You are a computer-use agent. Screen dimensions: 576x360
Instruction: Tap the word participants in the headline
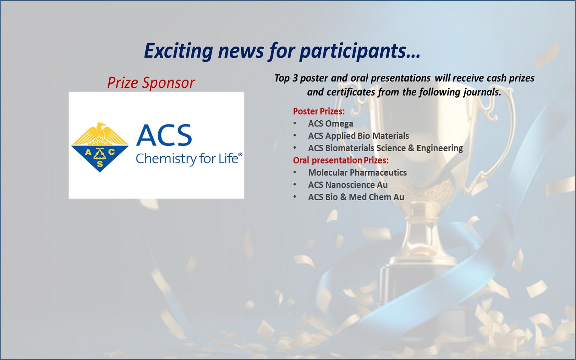pyautogui.click(x=360, y=51)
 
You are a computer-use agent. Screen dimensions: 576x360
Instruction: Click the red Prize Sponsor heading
pyautogui.click(x=151, y=83)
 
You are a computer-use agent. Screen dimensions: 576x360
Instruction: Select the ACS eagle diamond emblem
pyautogui.click(x=100, y=147)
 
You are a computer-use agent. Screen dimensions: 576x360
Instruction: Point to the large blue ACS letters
pyautogui.click(x=164, y=135)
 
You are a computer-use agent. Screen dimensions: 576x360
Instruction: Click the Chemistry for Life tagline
pyautogui.click(x=187, y=159)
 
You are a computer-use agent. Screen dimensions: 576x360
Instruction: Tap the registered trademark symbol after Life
pyautogui.click(x=241, y=154)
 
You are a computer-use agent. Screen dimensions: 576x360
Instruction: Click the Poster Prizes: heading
pyautogui.click(x=319, y=111)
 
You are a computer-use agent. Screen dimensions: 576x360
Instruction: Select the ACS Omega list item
pyautogui.click(x=331, y=124)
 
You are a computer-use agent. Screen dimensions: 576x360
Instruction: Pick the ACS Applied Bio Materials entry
pyautogui.click(x=358, y=136)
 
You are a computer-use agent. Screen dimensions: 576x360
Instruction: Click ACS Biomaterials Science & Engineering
pyautogui.click(x=385, y=148)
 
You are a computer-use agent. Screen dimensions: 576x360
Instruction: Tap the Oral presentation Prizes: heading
pyautogui.click(x=341, y=160)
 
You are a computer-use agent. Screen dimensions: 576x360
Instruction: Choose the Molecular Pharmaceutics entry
pyautogui.click(x=357, y=173)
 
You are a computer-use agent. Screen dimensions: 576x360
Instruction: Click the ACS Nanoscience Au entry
pyautogui.click(x=348, y=185)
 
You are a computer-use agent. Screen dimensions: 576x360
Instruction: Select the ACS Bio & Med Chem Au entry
pyautogui.click(x=356, y=197)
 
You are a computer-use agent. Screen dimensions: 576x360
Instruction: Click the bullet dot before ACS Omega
pyautogui.click(x=295, y=123)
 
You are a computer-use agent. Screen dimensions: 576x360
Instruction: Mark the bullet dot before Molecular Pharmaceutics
pyautogui.click(x=295, y=172)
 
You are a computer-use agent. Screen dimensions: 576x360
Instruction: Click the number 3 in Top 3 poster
pyautogui.click(x=295, y=78)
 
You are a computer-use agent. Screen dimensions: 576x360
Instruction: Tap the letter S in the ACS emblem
pyautogui.click(x=99, y=164)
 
